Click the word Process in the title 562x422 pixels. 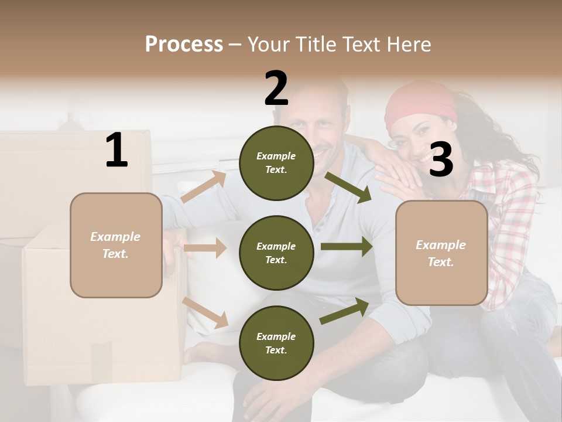(x=184, y=45)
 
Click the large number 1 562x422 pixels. (x=116, y=151)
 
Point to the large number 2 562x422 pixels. (x=276, y=89)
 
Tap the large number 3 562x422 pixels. (x=441, y=159)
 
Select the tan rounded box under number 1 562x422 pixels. (x=116, y=245)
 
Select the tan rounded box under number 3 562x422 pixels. (x=441, y=253)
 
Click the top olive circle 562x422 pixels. (x=276, y=163)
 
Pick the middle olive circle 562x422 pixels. (x=276, y=253)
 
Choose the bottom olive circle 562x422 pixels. (x=276, y=343)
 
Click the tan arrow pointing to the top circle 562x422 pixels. (x=204, y=186)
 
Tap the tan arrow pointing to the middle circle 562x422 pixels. (x=205, y=248)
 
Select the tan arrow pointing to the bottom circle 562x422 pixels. (x=205, y=312)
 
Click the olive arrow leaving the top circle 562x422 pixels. (x=347, y=187)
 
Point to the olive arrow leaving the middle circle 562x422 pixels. (x=346, y=247)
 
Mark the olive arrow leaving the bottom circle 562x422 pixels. (x=344, y=311)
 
